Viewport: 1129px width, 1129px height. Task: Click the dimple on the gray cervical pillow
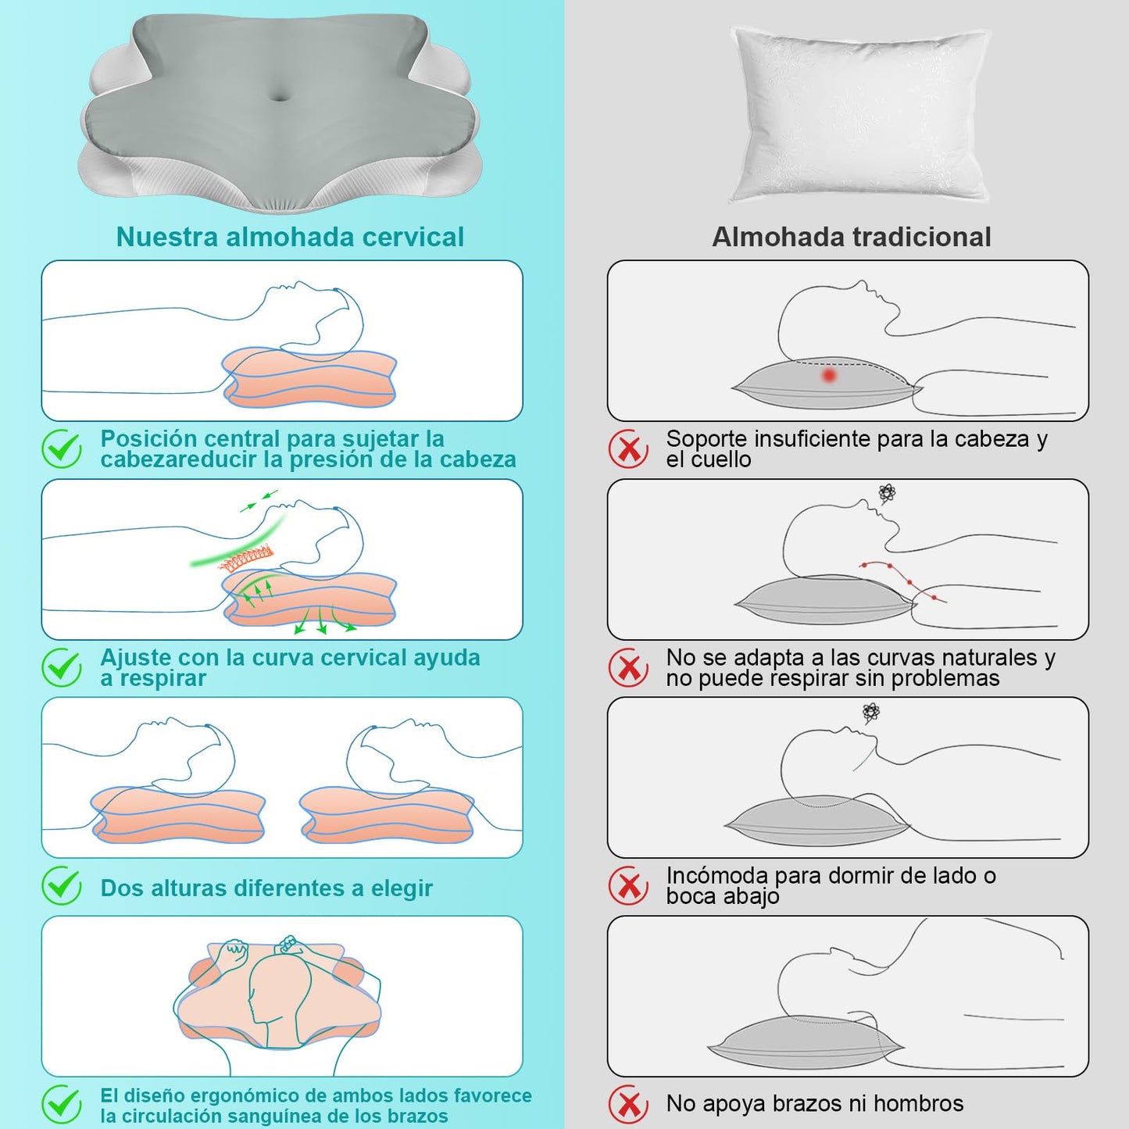(x=280, y=95)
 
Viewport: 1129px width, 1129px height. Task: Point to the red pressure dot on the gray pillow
(x=828, y=375)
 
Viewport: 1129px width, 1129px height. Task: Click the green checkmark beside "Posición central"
(x=62, y=449)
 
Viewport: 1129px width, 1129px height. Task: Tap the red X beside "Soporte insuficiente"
(x=628, y=449)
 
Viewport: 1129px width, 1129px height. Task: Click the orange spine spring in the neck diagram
(x=247, y=557)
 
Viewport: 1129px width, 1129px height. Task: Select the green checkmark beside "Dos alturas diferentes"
(x=62, y=887)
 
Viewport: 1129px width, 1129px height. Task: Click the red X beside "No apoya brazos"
(x=628, y=1105)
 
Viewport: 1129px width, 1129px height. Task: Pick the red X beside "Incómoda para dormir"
(x=628, y=887)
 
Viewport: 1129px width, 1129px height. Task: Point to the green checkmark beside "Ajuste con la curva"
(x=62, y=667)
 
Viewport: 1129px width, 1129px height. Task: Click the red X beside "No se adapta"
(x=628, y=667)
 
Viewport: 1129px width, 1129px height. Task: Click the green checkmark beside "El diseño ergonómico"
(x=62, y=1105)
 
